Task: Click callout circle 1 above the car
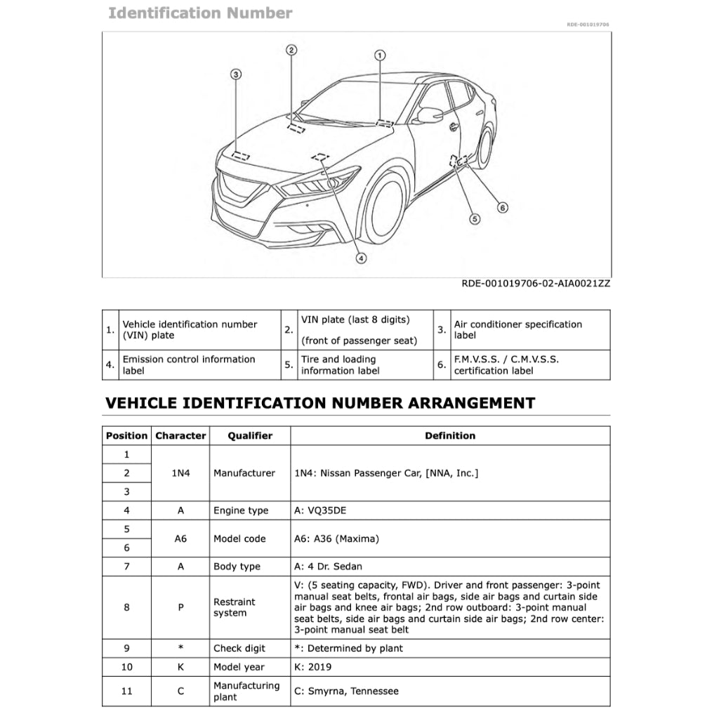pyautogui.click(x=380, y=55)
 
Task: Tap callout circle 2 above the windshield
pyautogui.click(x=291, y=50)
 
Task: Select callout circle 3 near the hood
pyautogui.click(x=236, y=74)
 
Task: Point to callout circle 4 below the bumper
pyautogui.click(x=361, y=258)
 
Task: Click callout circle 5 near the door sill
pyautogui.click(x=475, y=218)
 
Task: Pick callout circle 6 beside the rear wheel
pyautogui.click(x=502, y=207)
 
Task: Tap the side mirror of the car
pyautogui.click(x=428, y=115)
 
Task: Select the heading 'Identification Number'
pyautogui.click(x=200, y=13)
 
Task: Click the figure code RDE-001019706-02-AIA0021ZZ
pyautogui.click(x=536, y=284)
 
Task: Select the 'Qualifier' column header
pyautogui.click(x=249, y=435)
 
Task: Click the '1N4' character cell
pyautogui.click(x=180, y=473)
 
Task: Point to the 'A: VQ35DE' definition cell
pyautogui.click(x=320, y=510)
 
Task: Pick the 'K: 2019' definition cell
pyautogui.click(x=313, y=667)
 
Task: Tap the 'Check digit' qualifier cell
pyautogui.click(x=239, y=648)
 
